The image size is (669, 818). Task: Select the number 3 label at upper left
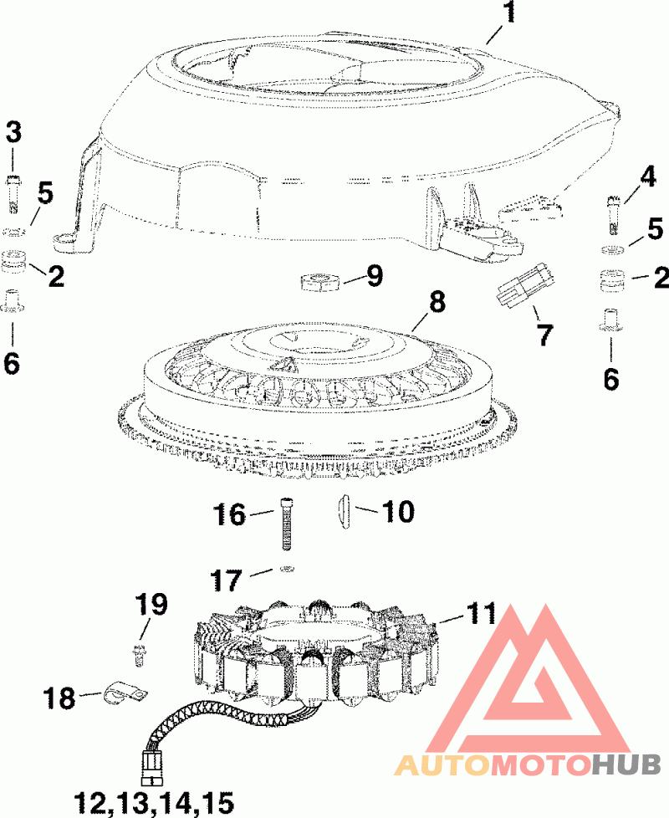(x=15, y=131)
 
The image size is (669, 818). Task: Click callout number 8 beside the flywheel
(x=438, y=301)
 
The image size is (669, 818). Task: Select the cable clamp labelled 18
(x=125, y=693)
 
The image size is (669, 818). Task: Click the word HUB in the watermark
(x=626, y=764)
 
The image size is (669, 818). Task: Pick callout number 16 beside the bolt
(x=227, y=514)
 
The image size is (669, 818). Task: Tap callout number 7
(x=544, y=335)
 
